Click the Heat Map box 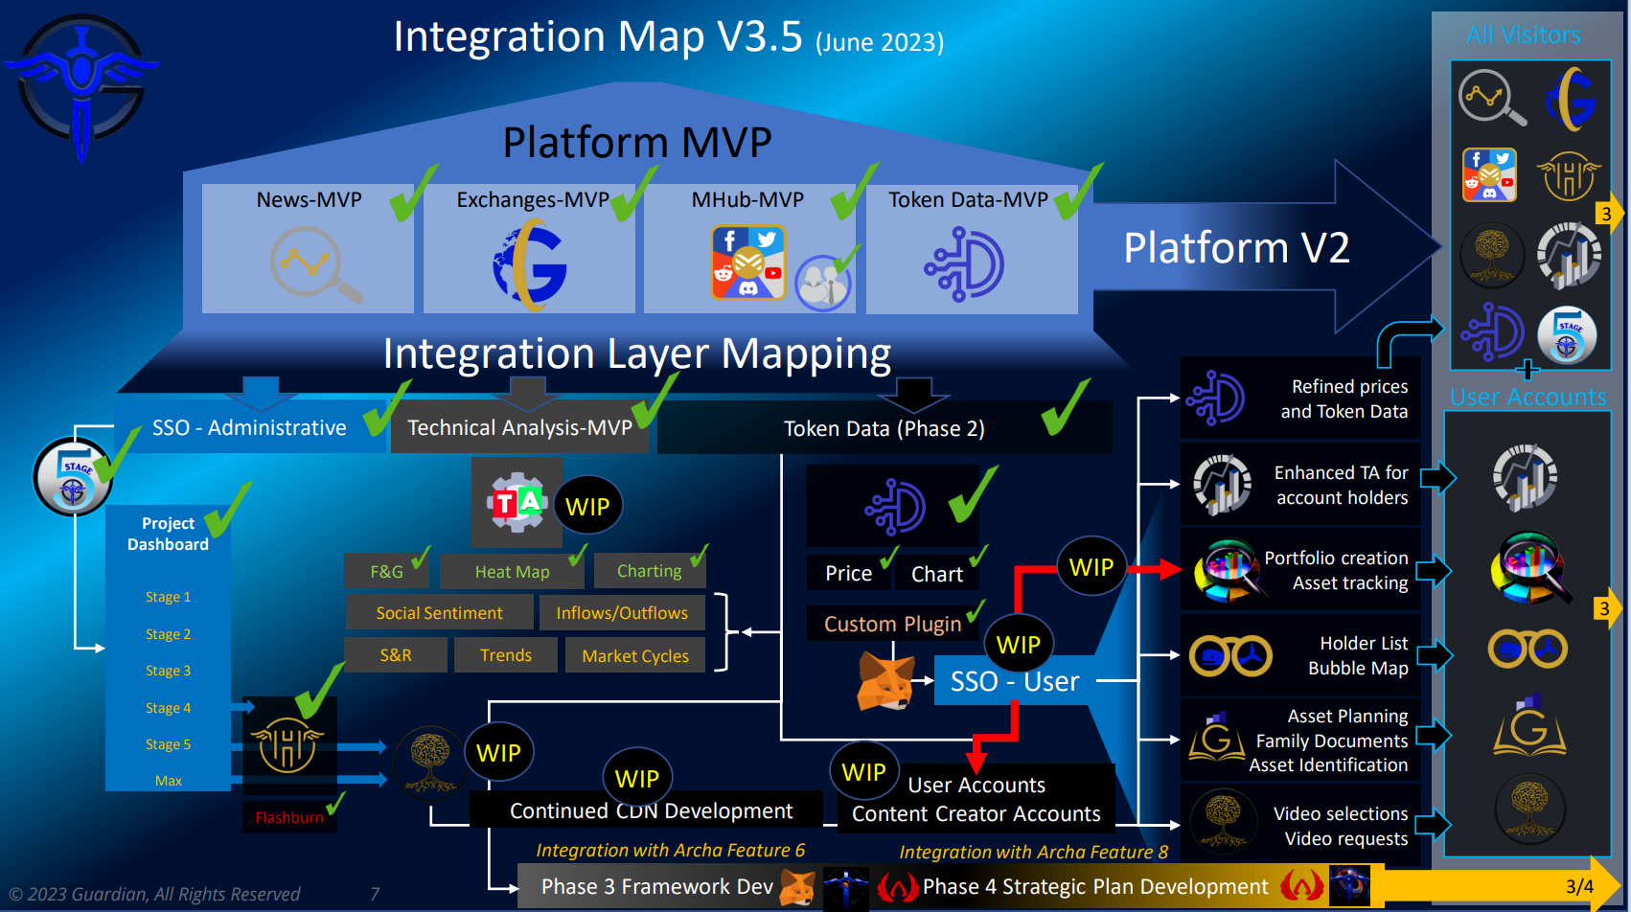512,572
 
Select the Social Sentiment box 439,613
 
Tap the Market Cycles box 634,656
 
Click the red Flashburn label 288,818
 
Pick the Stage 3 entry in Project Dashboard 168,671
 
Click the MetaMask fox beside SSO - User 884,681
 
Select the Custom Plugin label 892,625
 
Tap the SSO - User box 1014,681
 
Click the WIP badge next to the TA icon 587,507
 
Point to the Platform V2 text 1236,248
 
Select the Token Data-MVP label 968,200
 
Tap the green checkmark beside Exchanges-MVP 634,194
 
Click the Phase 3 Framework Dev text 656,887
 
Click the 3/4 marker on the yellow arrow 1579,887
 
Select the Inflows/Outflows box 621,613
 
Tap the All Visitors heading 1523,35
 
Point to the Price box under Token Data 848,574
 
